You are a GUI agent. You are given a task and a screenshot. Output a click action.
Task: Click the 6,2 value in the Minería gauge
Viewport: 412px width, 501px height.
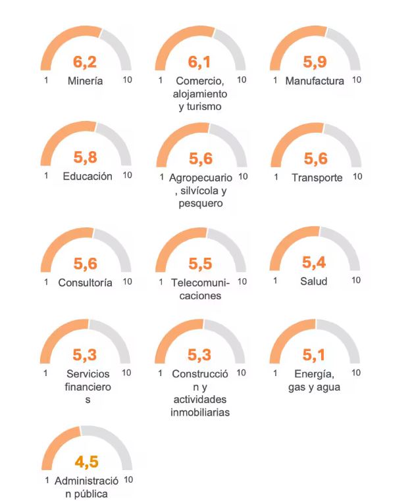[x=86, y=62]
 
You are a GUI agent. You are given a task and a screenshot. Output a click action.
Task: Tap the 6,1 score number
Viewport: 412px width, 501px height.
[x=200, y=62]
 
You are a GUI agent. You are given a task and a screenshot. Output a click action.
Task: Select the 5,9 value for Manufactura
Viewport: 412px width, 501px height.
[x=315, y=62]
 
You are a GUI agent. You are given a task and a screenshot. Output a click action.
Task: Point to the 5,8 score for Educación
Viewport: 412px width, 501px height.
[x=86, y=158]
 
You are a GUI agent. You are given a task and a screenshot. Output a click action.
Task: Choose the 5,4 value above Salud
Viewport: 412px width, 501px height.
[x=314, y=263]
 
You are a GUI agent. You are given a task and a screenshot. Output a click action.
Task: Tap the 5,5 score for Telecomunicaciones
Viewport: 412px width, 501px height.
[x=200, y=264]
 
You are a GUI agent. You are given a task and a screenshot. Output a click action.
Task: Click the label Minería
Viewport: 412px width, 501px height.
[x=86, y=81]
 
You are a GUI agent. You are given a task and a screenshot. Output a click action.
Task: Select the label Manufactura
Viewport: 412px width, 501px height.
[x=315, y=81]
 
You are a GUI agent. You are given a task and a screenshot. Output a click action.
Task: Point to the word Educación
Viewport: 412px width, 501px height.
[x=88, y=176]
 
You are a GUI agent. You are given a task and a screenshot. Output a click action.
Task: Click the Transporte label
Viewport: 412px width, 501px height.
[x=317, y=178]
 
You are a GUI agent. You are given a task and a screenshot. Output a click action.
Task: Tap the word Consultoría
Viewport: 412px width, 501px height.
[x=86, y=283]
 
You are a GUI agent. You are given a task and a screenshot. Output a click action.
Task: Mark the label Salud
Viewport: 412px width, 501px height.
[x=314, y=281]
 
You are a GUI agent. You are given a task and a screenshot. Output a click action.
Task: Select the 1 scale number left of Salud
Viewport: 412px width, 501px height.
[x=274, y=281]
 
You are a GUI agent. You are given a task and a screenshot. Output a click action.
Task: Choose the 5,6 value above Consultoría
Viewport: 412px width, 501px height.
[x=86, y=264]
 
